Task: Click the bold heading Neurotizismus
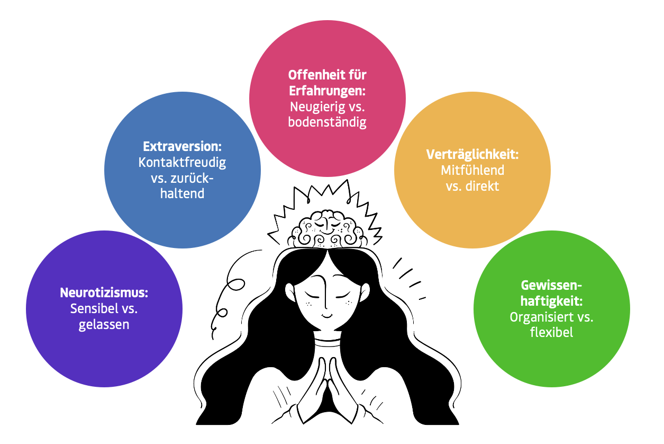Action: point(103,293)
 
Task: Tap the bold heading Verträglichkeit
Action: point(472,155)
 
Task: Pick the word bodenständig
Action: point(327,122)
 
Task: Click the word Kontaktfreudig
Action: point(182,162)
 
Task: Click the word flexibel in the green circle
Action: point(551,333)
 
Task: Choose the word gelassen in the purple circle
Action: point(104,325)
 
